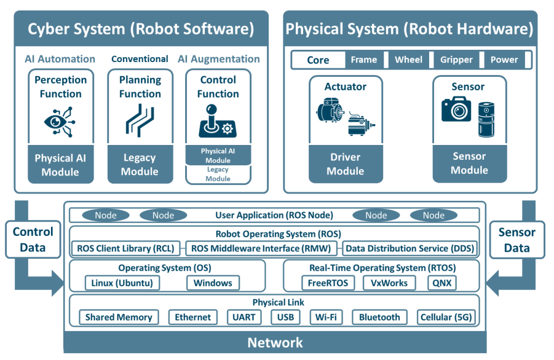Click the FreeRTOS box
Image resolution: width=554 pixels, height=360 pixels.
click(x=328, y=283)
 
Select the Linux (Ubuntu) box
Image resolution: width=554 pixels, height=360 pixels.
click(x=122, y=283)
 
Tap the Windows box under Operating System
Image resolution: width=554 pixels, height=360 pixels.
click(x=213, y=283)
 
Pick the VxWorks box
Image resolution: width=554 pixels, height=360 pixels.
click(x=390, y=283)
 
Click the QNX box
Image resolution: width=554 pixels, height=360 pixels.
click(x=442, y=283)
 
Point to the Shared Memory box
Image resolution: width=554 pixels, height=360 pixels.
click(x=119, y=318)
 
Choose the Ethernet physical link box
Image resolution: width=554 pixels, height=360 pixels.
click(x=192, y=318)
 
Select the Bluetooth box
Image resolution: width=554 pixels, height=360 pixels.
click(x=379, y=318)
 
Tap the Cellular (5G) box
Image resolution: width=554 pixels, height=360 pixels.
click(x=445, y=318)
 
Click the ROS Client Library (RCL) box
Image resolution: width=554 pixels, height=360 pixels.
click(x=126, y=249)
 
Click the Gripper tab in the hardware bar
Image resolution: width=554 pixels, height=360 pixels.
click(x=456, y=60)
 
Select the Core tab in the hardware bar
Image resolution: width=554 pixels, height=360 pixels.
click(x=318, y=60)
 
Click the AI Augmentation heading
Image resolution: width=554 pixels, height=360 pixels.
click(x=219, y=59)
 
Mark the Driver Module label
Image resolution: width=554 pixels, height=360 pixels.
click(x=345, y=164)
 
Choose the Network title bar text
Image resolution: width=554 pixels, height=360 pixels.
click(x=275, y=343)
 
